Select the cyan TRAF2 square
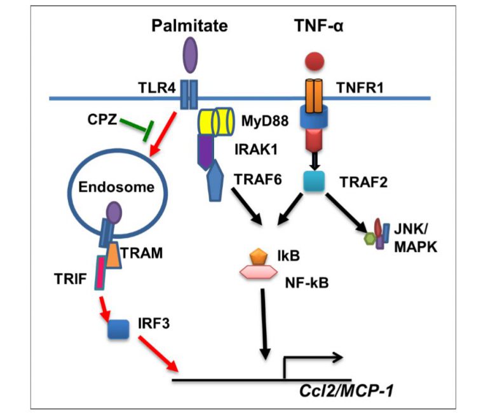pos(314,181)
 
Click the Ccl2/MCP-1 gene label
pos(349,390)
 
